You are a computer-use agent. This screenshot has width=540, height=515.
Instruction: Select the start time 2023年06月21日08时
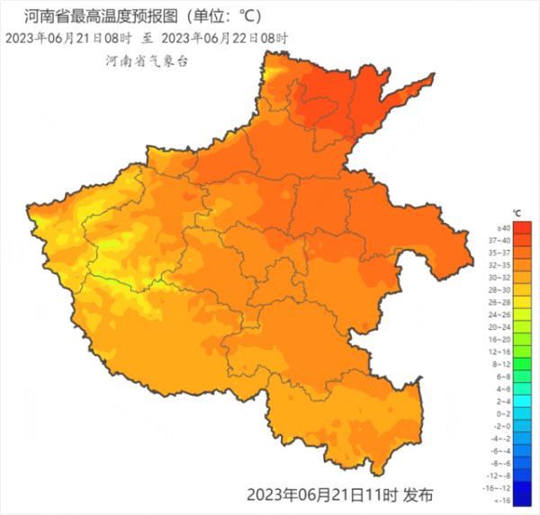68,39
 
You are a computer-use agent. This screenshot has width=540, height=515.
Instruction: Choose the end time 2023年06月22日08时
226,39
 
